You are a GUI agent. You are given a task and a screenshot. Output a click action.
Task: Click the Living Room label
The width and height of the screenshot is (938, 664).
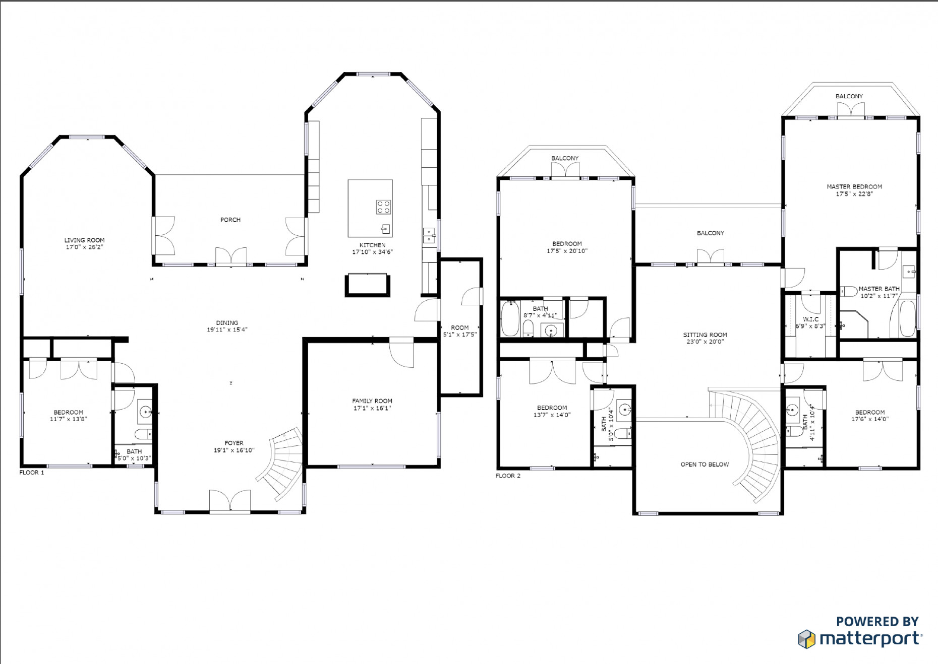[84, 240]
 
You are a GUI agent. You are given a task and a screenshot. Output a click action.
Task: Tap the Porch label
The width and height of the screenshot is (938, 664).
[230, 220]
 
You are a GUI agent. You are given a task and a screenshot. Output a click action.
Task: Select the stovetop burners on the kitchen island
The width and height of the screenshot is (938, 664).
[383, 207]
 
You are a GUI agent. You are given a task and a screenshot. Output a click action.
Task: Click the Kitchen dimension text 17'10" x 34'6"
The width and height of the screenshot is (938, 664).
[372, 252]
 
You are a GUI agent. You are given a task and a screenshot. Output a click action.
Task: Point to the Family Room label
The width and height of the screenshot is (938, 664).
[372, 401]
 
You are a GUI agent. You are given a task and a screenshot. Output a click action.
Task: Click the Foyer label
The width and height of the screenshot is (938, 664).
[234, 443]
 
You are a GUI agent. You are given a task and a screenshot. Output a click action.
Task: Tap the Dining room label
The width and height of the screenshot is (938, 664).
[227, 323]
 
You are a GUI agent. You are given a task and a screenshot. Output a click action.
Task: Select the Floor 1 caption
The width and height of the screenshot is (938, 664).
[32, 473]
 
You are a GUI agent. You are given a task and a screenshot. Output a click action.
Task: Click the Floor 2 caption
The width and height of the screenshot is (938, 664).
[508, 476]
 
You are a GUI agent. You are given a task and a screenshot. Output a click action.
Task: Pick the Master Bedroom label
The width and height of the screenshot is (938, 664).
[854, 186]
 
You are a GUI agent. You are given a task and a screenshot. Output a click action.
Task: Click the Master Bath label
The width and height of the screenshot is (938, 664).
[879, 289]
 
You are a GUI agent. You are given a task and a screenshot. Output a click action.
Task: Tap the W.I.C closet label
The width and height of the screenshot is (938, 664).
[811, 319]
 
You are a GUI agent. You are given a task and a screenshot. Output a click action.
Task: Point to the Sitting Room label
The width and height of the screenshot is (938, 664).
[705, 335]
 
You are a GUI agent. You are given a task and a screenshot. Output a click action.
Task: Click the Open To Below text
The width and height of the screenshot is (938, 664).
[705, 464]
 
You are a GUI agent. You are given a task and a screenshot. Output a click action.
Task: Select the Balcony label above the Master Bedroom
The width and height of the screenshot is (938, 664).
[849, 96]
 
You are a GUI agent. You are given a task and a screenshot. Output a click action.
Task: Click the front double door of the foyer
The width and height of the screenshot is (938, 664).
[230, 502]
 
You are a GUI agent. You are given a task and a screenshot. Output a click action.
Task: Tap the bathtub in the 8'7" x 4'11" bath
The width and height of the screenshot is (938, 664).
[510, 319]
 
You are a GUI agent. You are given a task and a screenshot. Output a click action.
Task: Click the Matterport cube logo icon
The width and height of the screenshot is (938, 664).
[806, 639]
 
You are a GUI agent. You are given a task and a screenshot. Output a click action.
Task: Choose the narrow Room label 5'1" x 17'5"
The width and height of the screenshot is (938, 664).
[460, 327]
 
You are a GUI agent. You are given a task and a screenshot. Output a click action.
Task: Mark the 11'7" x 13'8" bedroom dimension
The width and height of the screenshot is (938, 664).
[69, 419]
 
